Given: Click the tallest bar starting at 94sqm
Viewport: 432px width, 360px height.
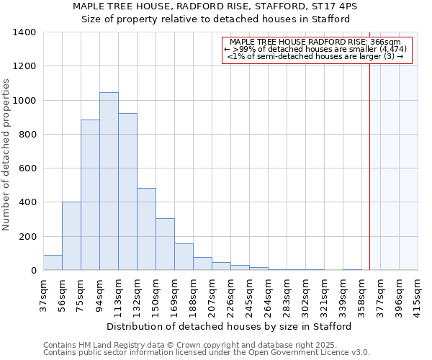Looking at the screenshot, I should point(109,181).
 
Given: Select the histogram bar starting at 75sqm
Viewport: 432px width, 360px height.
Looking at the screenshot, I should point(90,195).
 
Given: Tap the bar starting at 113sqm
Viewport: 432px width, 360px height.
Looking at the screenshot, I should point(127,192).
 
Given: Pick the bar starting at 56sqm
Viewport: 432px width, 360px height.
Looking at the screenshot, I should point(71,236).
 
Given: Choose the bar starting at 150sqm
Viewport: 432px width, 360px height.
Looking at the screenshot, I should point(165,244).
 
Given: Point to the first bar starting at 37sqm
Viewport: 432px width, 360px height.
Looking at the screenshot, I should point(53,263).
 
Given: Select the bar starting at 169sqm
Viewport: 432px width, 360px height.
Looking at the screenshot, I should point(184,257).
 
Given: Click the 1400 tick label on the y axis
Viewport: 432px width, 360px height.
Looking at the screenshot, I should point(24,32).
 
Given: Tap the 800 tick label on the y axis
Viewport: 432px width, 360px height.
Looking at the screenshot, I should point(27,135).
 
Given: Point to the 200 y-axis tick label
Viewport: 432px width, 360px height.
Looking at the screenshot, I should point(27,237).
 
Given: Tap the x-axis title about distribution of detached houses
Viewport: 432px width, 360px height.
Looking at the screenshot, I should point(230,326).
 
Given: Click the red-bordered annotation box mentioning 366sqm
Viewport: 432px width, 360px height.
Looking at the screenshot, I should point(317,50).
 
